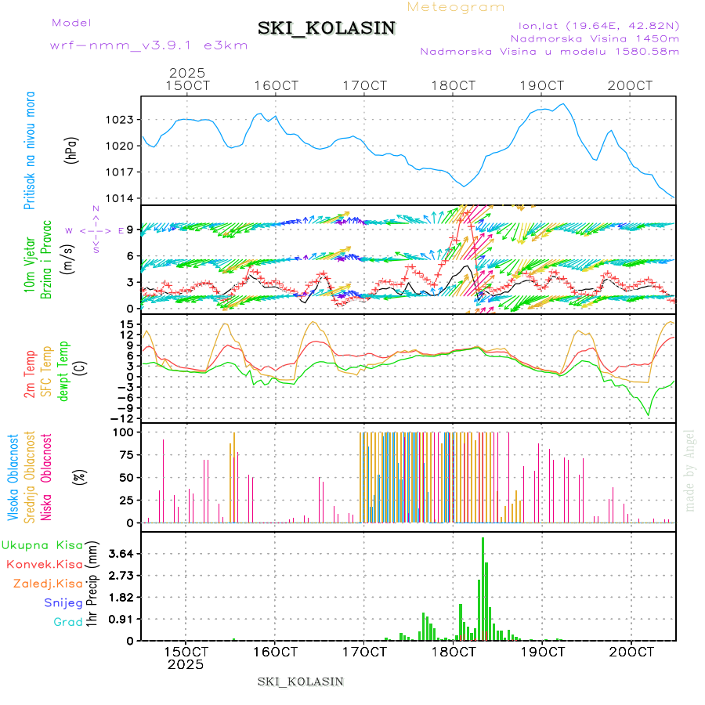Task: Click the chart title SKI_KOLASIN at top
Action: [x=327, y=28]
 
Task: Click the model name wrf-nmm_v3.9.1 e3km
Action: [x=149, y=45]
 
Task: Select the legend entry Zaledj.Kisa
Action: [x=48, y=584]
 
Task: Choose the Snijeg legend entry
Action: [x=63, y=603]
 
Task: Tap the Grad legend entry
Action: [x=68, y=623]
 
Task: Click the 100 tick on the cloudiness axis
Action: [x=124, y=432]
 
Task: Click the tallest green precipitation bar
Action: [x=483, y=587]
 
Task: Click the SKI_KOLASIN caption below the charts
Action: [x=300, y=681]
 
